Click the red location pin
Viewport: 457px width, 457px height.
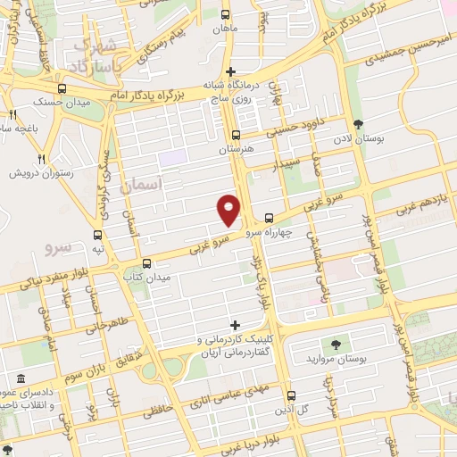(x=229, y=209)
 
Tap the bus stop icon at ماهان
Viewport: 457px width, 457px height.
(x=225, y=15)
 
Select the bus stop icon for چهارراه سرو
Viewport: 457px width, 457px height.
(x=269, y=218)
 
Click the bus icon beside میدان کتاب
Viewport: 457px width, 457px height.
(x=147, y=263)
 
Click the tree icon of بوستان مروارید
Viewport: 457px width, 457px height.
(x=335, y=344)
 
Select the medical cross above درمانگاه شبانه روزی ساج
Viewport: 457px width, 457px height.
(x=231, y=71)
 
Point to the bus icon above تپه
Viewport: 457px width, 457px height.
(x=97, y=235)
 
